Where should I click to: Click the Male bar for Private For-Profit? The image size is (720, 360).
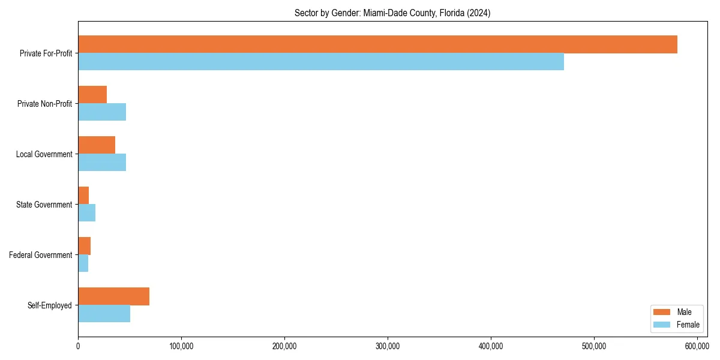pos(377,44)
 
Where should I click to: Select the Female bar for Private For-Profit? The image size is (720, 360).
pos(321,62)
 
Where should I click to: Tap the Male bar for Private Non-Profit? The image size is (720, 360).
pos(92,95)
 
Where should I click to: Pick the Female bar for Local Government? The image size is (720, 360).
pos(102,163)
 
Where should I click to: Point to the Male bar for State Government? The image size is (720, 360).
pos(83,196)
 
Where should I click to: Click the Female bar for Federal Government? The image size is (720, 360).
pos(83,263)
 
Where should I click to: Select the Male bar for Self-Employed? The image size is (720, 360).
pos(113,296)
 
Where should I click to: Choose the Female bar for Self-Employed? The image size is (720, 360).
pos(104,314)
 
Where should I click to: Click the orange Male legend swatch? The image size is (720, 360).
pos(661,312)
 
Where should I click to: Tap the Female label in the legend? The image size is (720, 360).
pos(688,325)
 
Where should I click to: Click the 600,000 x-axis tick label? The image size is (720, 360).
pos(697,346)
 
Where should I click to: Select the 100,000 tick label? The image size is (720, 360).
pos(181,346)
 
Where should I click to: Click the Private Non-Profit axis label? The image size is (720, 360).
pos(44,104)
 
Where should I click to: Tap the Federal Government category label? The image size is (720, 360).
pos(41,255)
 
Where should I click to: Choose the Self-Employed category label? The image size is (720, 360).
pos(50,305)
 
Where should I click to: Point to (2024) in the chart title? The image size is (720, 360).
pos(478,13)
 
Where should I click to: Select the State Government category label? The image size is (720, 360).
pos(44,205)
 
